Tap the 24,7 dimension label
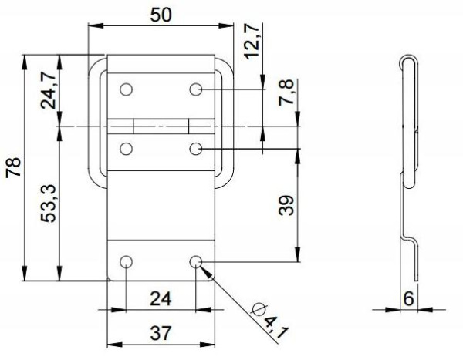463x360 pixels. coord(48,91)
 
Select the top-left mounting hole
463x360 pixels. coord(127,89)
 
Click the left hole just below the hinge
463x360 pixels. coord(127,147)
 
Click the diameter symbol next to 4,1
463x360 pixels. coord(259,310)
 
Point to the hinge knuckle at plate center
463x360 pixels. coord(161,125)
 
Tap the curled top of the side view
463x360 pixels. coord(407,62)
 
